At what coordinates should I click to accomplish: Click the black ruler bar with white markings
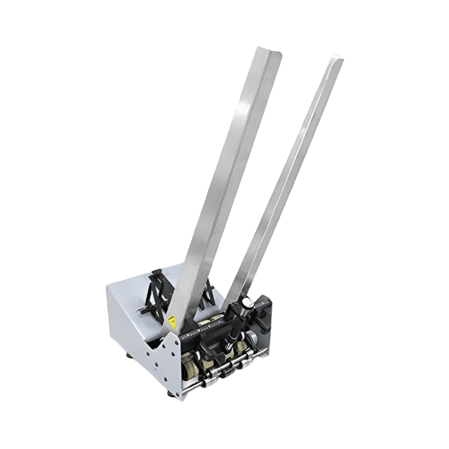pos(206,334)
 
